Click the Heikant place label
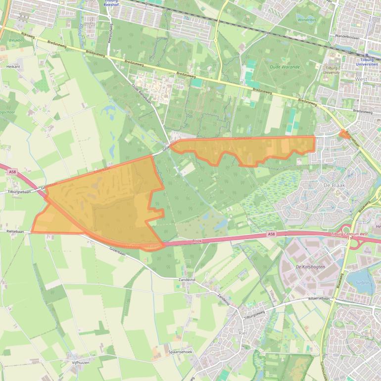13,66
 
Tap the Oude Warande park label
285,67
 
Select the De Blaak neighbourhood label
333,185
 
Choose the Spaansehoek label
180,352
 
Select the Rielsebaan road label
15,231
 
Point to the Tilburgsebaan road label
19,191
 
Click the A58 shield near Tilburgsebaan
12,172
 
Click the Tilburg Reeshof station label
111,3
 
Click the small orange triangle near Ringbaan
343,134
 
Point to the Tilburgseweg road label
254,313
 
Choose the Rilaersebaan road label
319,298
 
